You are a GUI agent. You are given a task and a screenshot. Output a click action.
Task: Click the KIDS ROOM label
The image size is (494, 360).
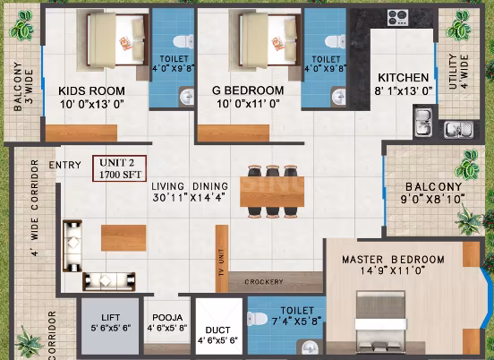coord(91,91)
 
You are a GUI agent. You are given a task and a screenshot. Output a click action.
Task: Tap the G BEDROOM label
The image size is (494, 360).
coord(248,90)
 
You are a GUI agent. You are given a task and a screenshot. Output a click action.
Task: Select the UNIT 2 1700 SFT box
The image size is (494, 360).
coord(119,168)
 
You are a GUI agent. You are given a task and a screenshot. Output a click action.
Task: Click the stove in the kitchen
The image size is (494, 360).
coord(397,18)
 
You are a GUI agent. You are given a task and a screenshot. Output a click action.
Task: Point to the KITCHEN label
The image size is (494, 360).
coord(404,78)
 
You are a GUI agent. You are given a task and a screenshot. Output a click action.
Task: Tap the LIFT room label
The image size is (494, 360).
coord(111,317)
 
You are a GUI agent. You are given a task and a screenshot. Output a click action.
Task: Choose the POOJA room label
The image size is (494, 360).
coord(167,317)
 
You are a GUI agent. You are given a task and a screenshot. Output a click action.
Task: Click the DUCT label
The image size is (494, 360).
coord(217,330)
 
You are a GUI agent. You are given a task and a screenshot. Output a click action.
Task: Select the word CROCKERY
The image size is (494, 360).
coord(264,282)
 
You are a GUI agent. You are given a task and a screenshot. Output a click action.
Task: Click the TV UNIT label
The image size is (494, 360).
coord(221,262)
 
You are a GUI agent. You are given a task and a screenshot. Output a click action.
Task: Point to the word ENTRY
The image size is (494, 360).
coord(65,165)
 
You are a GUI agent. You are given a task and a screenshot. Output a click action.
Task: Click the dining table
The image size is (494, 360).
coord(272,192)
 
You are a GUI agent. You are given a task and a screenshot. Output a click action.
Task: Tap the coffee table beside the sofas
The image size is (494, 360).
coord(123,238)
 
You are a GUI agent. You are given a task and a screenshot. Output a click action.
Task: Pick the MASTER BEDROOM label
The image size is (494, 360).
coord(393,260)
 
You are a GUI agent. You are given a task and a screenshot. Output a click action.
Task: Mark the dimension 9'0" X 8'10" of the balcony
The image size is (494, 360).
coord(433,200)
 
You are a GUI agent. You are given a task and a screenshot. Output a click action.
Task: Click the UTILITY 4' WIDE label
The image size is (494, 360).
coord(458,72)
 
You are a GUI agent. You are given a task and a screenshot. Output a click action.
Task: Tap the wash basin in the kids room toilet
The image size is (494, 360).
coord(187,96)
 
